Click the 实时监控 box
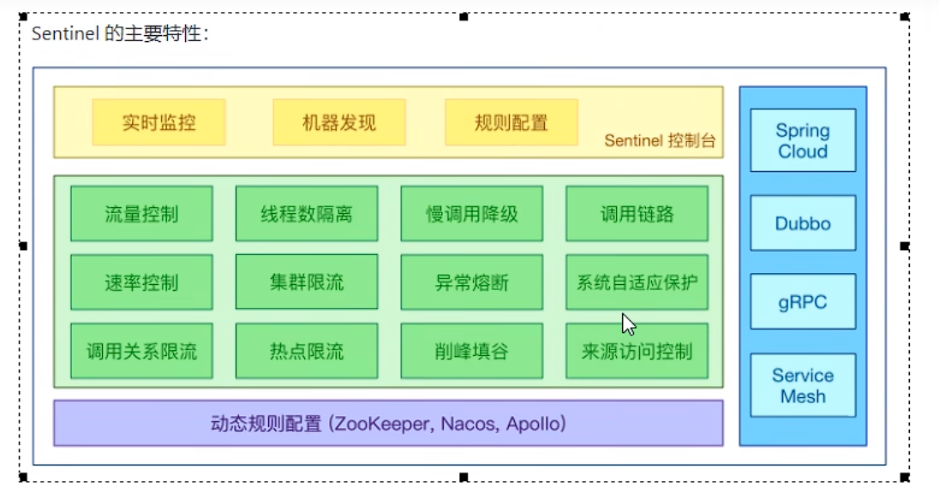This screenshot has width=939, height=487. [158, 122]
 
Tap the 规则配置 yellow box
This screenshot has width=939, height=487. [511, 122]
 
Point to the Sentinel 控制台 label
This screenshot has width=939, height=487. [660, 141]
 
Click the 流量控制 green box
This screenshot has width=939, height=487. [141, 213]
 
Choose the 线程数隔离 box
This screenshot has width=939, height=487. [307, 213]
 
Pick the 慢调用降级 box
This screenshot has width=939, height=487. [472, 213]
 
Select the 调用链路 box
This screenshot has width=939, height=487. [637, 213]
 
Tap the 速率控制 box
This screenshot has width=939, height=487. [141, 282]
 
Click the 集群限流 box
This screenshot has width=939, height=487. [307, 282]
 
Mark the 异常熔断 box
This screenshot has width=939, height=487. [472, 282]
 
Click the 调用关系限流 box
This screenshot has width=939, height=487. [141, 351]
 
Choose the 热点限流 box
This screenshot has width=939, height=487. [307, 351]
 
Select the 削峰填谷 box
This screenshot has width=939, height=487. [472, 351]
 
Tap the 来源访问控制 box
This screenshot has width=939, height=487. [637, 351]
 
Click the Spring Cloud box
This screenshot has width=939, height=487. [803, 141]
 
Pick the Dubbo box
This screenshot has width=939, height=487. [803, 223]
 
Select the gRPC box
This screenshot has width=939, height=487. [803, 302]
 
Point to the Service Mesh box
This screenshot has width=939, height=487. [803, 385]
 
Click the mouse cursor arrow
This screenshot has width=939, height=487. [628, 324]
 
